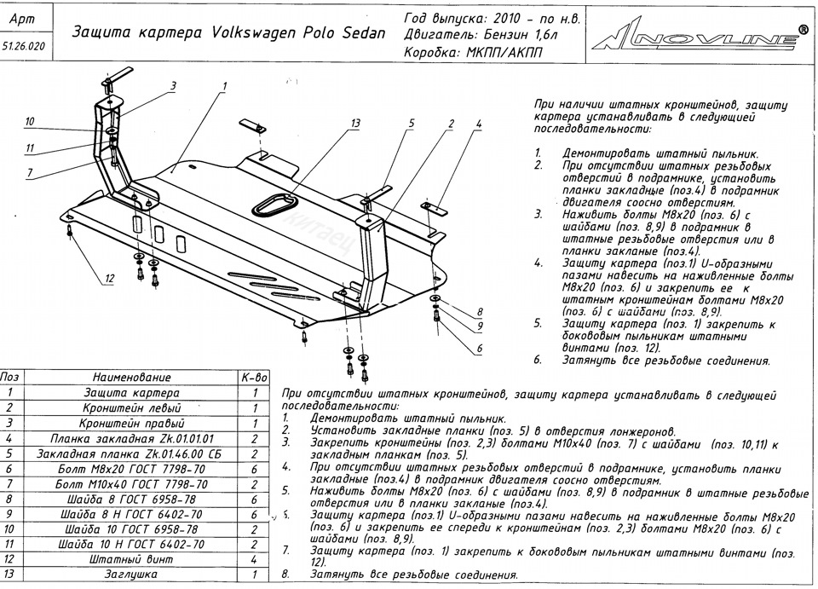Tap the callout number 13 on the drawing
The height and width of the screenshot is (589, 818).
coord(354,124)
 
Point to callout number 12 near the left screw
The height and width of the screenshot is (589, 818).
coord(110,279)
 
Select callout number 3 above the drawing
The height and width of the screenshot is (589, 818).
coord(172,85)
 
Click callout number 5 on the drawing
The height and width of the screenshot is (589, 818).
coord(410,124)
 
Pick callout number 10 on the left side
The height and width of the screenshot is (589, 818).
coord(29,121)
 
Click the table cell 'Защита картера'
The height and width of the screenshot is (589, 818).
coord(132,393)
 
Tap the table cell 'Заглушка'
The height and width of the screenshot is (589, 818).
coord(132,575)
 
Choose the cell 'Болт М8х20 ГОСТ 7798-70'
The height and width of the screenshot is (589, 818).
coord(132,469)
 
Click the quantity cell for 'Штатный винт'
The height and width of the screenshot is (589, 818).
coord(255,560)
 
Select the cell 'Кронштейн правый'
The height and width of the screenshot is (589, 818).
coord(132,423)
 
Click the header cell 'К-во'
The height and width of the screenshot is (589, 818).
coord(255,378)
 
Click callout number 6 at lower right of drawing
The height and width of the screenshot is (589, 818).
coord(479,349)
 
